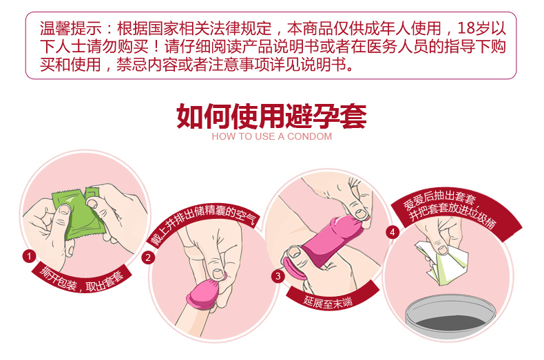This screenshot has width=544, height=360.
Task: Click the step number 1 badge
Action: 29,256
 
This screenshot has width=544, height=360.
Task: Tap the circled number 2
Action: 148,257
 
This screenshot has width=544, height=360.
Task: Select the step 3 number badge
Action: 278,277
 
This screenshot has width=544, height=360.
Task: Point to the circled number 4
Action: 393,232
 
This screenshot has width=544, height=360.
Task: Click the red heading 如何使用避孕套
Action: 271,116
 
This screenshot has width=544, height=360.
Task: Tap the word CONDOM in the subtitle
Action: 309,137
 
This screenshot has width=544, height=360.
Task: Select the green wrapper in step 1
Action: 79,212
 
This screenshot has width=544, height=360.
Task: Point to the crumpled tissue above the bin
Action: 441,262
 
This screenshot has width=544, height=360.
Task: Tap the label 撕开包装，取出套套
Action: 82,280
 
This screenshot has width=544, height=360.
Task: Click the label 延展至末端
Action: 328,302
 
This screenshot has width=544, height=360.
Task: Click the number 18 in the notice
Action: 465,28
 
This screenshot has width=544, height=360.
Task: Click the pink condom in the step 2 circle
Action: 205,291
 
